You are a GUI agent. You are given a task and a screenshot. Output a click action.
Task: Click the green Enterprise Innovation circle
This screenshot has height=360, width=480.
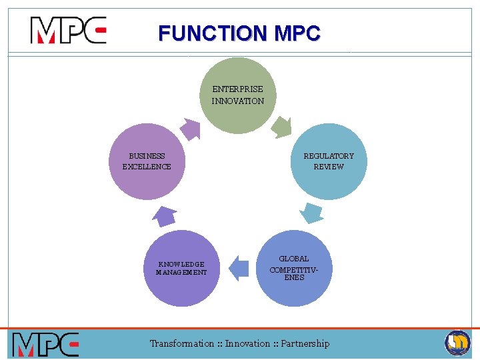238,95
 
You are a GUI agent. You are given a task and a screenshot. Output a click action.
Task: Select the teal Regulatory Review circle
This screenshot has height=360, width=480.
329,162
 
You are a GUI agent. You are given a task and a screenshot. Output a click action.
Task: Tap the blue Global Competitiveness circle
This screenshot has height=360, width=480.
294,268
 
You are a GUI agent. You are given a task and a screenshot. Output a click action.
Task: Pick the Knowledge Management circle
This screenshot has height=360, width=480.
181,268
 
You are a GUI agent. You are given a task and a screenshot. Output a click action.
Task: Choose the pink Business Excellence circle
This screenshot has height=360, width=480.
147,162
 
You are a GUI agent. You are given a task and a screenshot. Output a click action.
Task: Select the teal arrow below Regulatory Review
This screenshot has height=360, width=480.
311,212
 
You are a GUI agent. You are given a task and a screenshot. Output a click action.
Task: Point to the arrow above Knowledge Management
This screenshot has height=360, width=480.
165,216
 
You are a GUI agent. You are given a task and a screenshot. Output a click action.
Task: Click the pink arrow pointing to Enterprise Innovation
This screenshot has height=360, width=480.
191,128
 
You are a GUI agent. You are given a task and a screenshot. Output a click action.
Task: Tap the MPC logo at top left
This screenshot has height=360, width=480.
68,31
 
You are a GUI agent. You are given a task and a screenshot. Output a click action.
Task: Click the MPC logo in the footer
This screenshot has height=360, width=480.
45,344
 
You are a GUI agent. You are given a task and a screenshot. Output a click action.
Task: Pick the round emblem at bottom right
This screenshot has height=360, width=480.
457,343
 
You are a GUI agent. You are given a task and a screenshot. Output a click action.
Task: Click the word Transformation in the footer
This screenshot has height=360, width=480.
182,343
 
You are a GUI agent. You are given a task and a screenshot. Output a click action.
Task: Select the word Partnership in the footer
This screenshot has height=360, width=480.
305,343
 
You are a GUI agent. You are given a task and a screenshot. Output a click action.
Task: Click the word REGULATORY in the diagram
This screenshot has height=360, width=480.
329,156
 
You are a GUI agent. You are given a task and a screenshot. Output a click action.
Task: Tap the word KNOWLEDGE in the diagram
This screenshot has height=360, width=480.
181,264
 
